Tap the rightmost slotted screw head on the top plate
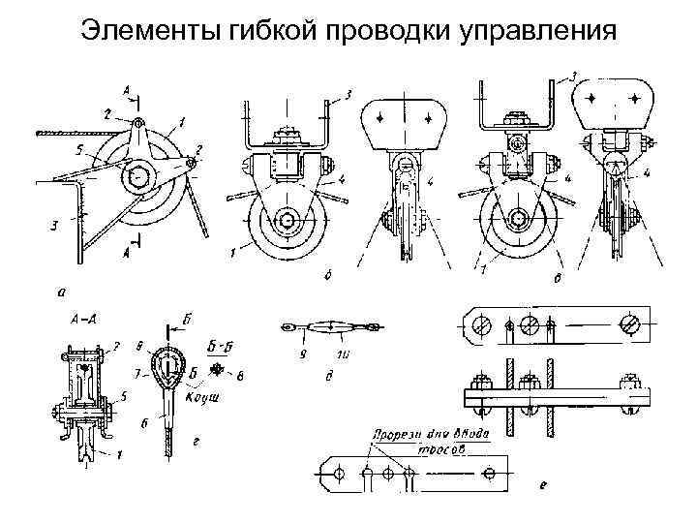pyautogui.click(x=630, y=323)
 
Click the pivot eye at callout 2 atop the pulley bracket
pyautogui.click(x=141, y=124)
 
